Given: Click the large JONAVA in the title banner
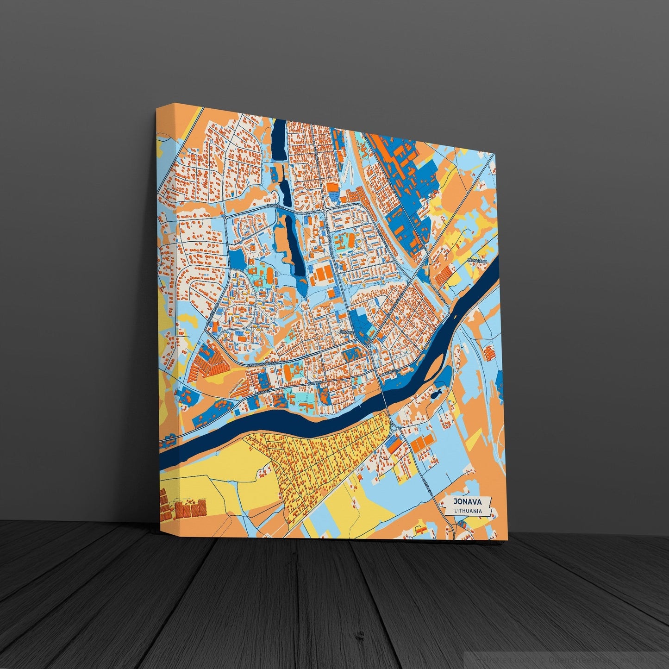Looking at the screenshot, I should coord(468,502).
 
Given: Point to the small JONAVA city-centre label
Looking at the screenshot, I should coord(346,332).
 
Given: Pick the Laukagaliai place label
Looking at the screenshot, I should coord(477,262).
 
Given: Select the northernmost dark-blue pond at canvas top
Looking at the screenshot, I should coord(279,139).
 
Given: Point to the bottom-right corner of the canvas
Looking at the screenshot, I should coord(507,540).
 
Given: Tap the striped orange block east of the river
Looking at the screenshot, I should coord(489,354).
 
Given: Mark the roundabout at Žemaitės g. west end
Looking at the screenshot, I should coord(225,217).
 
